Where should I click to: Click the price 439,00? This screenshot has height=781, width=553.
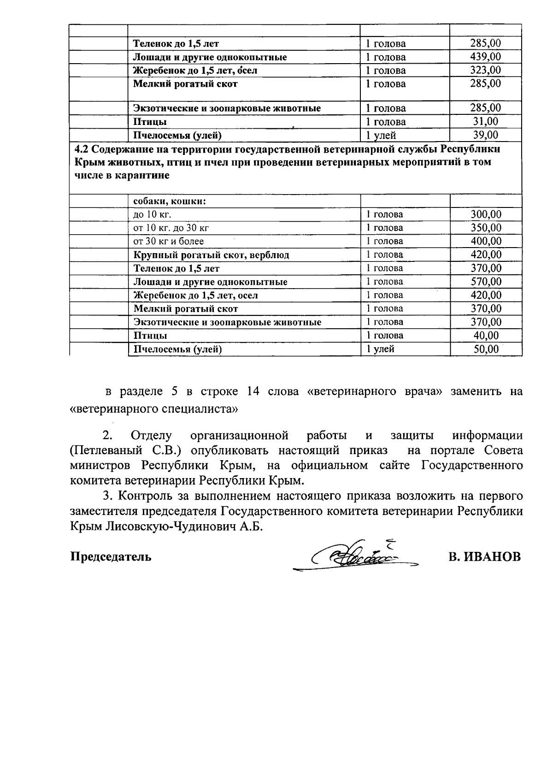pos(485,57)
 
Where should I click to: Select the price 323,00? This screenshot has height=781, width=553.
pos(485,70)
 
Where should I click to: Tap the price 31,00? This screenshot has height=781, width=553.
pos(486,121)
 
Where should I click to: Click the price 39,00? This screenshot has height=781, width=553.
pos(486,135)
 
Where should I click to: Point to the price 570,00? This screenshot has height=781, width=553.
pos(486,281)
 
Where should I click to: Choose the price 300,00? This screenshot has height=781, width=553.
pos(486,214)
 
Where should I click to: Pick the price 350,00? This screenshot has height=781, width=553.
pos(486,227)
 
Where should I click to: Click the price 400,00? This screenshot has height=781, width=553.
pos(486,241)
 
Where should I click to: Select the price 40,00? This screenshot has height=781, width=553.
pos(486,335)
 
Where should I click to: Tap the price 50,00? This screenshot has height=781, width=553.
pos(486,349)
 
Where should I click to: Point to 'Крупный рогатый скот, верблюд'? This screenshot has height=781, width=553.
pos(211,254)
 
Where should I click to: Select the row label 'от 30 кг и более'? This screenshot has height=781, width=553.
pos(169,241)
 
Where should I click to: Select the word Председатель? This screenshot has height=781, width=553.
pos(111,556)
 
